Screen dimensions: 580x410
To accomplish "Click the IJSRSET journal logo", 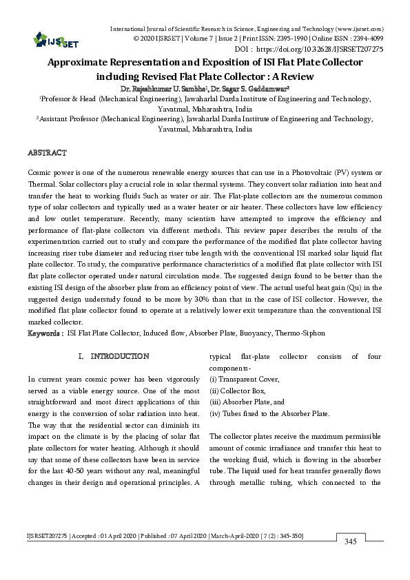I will coord(48,41).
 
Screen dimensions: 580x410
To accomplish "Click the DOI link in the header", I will coord(329,50).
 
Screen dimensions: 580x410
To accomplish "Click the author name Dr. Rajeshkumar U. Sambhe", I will coord(163,89).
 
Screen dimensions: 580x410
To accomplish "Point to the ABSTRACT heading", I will coord(47,151).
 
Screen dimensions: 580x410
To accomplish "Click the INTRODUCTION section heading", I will coord(120,356).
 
